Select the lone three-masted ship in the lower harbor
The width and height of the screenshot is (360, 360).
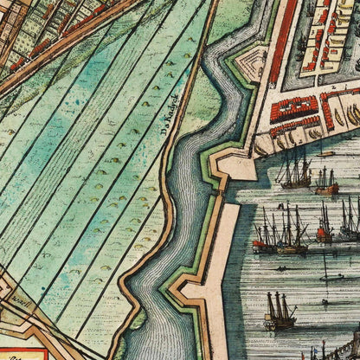(280, 312)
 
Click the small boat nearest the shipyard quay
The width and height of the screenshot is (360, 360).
(325, 154)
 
